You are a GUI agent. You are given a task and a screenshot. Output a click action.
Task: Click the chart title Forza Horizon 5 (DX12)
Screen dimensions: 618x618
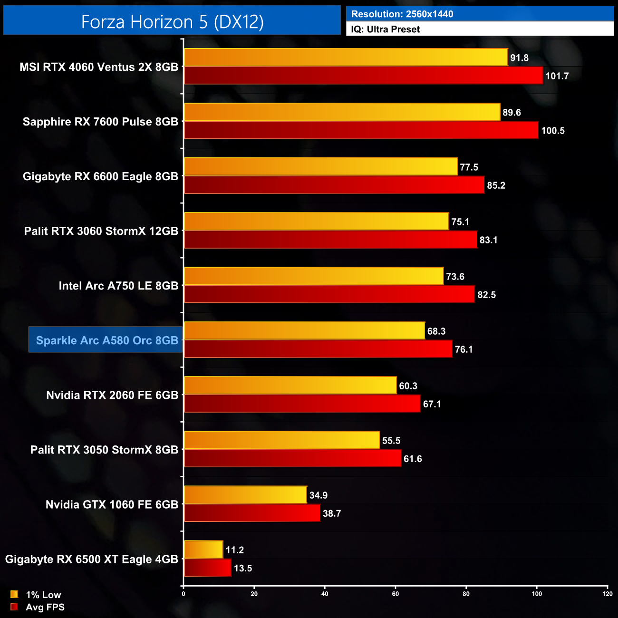(x=172, y=22)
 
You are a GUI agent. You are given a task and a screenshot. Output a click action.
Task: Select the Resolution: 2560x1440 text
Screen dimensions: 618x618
(x=402, y=14)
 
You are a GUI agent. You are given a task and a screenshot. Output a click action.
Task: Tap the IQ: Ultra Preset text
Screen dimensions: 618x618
(x=385, y=29)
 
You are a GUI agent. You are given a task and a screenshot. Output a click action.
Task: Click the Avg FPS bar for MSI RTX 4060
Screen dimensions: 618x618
(x=363, y=76)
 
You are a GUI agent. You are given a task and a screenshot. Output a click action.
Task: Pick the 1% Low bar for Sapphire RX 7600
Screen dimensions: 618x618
(x=342, y=112)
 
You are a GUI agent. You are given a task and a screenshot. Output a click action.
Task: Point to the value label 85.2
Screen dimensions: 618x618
(x=496, y=185)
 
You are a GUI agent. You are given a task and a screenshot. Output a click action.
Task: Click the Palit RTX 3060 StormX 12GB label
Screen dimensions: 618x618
(x=101, y=231)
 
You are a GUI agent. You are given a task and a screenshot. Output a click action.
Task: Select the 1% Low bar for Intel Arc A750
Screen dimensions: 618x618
(x=314, y=276)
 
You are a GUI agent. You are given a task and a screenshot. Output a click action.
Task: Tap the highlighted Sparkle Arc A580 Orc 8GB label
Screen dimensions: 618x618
(x=106, y=340)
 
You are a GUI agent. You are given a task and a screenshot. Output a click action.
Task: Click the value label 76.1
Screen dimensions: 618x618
(x=463, y=349)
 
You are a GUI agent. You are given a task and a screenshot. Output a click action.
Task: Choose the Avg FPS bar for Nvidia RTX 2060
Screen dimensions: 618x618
(x=302, y=404)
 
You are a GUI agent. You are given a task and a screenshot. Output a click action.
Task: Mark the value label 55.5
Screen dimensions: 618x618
(x=391, y=441)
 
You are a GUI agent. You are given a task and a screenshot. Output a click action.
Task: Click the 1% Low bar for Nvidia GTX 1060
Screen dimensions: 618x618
(x=245, y=495)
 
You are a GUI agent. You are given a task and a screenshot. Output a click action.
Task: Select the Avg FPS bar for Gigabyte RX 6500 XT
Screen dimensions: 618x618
(x=207, y=568)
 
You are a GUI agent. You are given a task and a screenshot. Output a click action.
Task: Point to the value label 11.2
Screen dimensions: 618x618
(x=234, y=550)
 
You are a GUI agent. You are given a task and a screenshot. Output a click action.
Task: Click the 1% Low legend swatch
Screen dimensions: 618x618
(x=14, y=594)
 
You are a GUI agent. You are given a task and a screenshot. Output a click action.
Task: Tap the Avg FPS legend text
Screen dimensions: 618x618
(x=45, y=607)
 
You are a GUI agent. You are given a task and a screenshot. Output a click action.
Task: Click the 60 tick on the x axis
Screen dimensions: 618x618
(x=396, y=594)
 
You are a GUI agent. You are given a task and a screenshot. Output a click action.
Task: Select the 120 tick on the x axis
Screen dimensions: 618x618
(x=607, y=594)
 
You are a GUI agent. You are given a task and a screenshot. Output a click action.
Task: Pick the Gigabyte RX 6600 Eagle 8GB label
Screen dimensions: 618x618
(x=100, y=176)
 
